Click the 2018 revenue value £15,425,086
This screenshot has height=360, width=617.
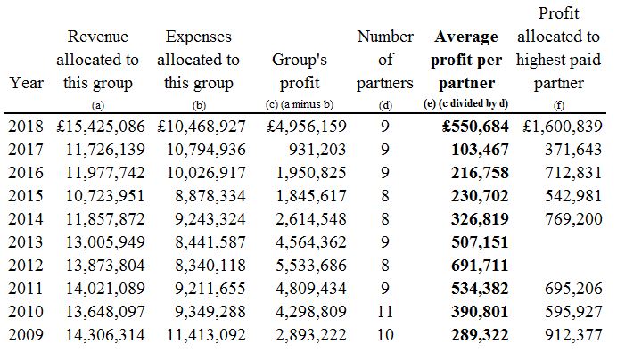101,127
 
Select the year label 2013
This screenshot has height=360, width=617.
26,242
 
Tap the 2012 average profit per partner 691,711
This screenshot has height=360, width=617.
480,266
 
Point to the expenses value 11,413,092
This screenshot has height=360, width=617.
206,335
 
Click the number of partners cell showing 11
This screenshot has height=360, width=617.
385,312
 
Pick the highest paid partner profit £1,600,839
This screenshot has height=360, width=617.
563,127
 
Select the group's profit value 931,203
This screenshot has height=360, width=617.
317,150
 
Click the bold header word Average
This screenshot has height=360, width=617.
466,37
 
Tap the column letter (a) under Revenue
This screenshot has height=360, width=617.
97,105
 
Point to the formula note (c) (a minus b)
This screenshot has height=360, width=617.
300,104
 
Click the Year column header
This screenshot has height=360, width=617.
27,83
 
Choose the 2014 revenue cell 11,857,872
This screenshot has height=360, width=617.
105,219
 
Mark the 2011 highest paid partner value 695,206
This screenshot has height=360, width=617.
573,289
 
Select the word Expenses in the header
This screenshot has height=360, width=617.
198,37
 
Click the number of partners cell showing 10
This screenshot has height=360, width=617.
385,335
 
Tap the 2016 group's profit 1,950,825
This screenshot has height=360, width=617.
311,173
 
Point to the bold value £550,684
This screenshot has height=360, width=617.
475,127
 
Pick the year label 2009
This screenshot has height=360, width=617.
26,335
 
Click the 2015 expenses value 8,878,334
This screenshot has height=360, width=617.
210,196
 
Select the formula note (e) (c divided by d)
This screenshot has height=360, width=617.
465,104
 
